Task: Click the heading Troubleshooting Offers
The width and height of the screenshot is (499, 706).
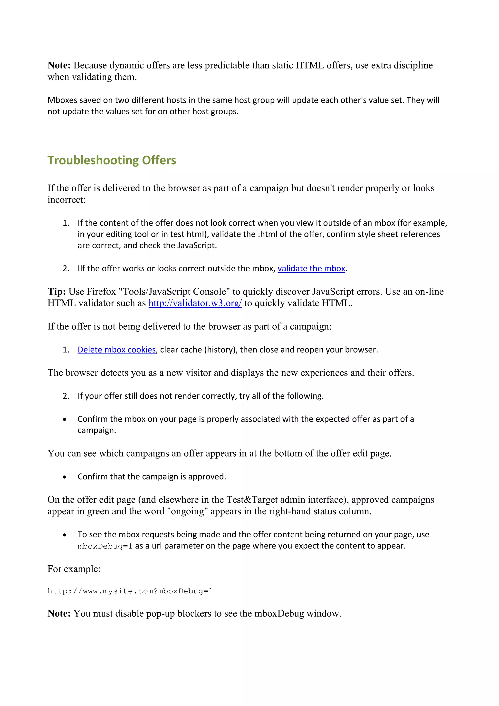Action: click(x=112, y=160)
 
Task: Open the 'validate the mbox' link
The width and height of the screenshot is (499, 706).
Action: click(x=311, y=268)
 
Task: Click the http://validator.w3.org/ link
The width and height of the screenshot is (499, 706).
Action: click(x=195, y=303)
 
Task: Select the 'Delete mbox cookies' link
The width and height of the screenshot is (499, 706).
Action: click(x=116, y=350)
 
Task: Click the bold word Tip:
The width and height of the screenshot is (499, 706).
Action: click(x=57, y=292)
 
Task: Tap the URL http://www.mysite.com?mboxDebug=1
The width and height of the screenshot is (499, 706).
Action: click(x=130, y=591)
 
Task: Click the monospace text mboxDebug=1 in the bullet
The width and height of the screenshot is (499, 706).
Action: click(x=105, y=546)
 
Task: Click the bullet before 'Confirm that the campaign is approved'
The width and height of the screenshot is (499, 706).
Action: click(x=65, y=477)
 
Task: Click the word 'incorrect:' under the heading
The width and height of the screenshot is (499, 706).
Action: click(x=66, y=200)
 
